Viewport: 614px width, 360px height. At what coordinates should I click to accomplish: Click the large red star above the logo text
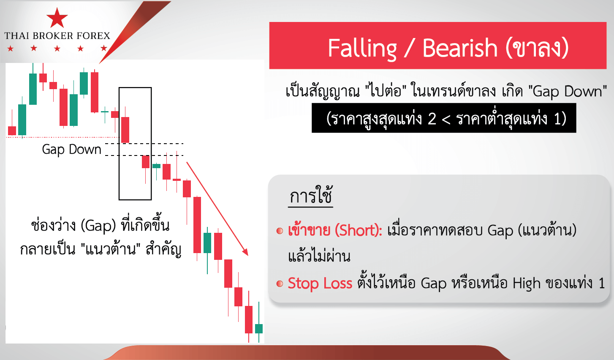click(57, 18)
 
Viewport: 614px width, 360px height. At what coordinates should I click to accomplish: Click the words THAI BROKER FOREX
click(57, 35)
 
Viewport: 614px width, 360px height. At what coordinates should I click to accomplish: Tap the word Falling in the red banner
click(362, 49)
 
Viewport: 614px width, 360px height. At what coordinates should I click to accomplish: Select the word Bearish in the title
click(460, 48)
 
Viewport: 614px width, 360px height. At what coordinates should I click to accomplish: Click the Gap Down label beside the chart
click(71, 150)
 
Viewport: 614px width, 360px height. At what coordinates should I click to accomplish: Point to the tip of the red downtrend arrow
click(248, 256)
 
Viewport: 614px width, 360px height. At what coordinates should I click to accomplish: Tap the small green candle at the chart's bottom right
click(259, 328)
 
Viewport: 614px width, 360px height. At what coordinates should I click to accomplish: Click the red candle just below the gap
click(146, 162)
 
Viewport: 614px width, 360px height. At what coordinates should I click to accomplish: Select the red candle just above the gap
click(125, 130)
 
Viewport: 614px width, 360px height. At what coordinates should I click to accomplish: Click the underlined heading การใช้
click(311, 196)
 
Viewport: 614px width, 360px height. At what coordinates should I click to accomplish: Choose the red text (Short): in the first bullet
click(359, 230)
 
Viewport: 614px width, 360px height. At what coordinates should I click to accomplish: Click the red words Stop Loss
click(320, 283)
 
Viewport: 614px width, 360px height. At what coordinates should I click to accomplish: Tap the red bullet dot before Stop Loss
click(280, 284)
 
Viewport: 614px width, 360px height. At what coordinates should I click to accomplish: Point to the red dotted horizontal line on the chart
click(63, 137)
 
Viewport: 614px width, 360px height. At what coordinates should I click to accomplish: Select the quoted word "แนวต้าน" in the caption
click(111, 249)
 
